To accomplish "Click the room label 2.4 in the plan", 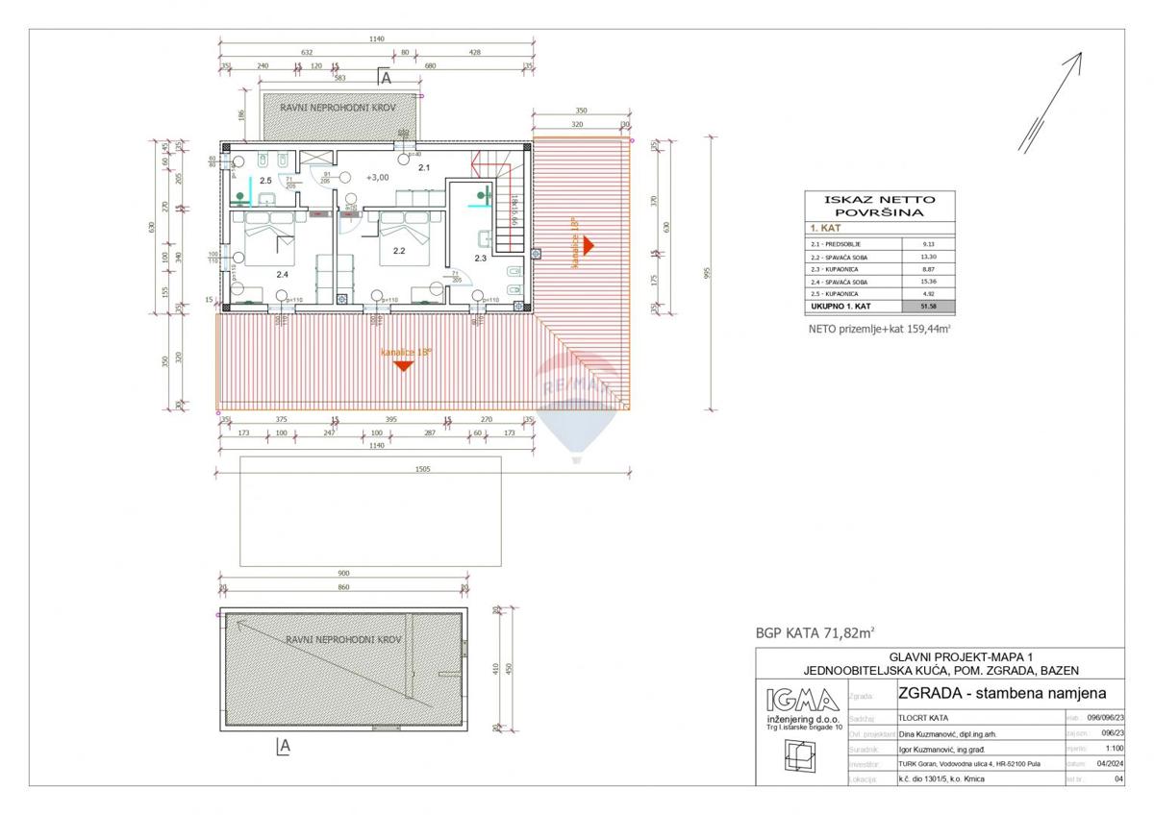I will pos(282,274).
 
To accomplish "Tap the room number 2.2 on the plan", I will pos(399,251).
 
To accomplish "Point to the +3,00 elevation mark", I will pos(378,178).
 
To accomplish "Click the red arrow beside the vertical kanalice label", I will pos(590,246).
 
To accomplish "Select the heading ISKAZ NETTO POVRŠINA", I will pos(879,206).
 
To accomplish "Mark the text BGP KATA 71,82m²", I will pos(815,632).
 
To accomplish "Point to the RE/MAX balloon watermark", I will pos(576,399).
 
